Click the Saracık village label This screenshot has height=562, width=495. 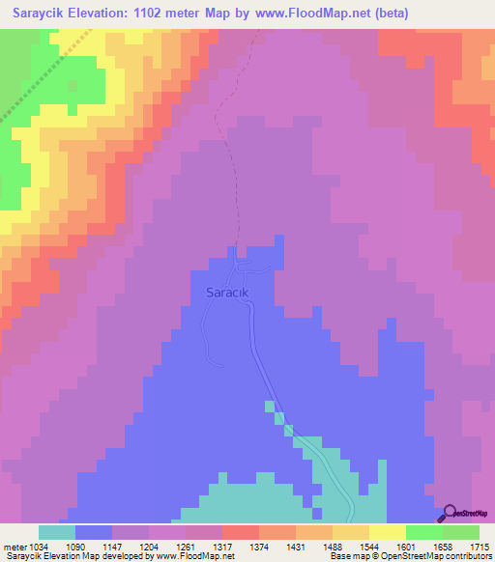pos(227,291)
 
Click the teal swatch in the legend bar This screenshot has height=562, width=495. pos(56,532)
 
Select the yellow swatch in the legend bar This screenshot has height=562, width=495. pos(387,532)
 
